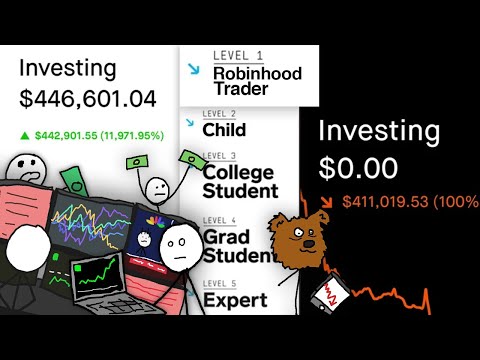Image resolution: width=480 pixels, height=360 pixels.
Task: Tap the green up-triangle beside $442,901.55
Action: point(25,133)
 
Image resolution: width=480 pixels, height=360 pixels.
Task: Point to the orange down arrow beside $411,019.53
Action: point(328,202)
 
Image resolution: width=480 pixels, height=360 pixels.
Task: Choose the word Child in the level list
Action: point(224,129)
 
